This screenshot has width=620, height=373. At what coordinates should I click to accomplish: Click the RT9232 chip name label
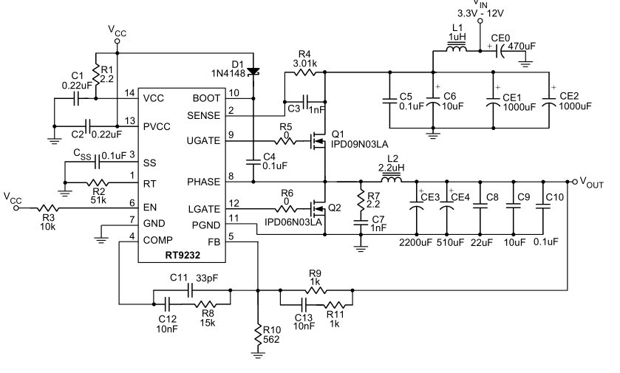183,256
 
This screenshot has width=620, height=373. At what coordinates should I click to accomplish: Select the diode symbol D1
253,72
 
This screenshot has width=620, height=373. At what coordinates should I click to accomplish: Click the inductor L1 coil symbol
456,48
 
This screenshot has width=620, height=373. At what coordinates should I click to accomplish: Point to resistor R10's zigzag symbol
258,335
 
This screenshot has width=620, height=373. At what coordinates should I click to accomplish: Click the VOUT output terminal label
591,182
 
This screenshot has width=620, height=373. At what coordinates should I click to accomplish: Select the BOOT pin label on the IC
206,98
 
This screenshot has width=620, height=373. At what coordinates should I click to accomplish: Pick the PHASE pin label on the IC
204,182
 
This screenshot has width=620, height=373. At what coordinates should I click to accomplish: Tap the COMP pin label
157,240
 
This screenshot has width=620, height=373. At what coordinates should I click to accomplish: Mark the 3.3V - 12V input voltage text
480,13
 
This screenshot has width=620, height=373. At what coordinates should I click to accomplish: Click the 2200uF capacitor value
416,242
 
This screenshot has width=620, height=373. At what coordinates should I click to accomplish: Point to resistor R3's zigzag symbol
48,208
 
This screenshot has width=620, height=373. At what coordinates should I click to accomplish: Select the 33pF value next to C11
207,278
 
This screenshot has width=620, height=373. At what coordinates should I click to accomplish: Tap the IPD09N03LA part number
359,144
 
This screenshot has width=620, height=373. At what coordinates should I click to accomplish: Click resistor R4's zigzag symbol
304,72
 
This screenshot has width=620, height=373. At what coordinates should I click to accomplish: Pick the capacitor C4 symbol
253,162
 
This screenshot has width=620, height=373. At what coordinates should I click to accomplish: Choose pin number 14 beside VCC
130,93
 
